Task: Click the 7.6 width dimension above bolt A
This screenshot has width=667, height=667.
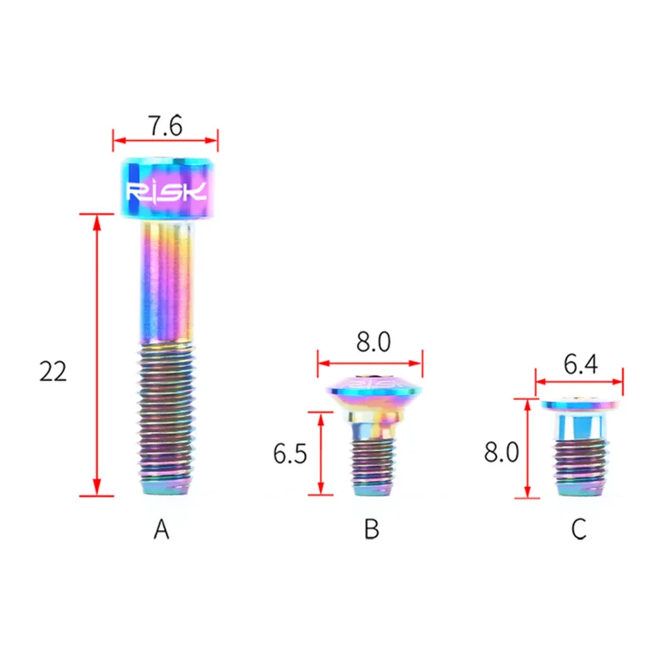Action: [x=165, y=126]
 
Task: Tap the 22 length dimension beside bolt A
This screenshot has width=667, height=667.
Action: [x=53, y=371]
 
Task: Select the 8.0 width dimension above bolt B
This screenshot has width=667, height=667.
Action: [x=374, y=342]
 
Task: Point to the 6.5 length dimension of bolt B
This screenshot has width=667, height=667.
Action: [x=289, y=454]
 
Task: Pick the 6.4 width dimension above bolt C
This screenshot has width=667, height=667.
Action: [x=580, y=364]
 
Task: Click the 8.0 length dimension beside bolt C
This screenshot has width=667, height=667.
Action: [x=502, y=452]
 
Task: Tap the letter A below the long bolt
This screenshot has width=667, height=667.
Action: [x=161, y=529]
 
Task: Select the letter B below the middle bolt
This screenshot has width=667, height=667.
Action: [x=371, y=529]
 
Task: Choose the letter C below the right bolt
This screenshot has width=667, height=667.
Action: [x=579, y=529]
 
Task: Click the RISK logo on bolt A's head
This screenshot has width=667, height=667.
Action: [x=167, y=192]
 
